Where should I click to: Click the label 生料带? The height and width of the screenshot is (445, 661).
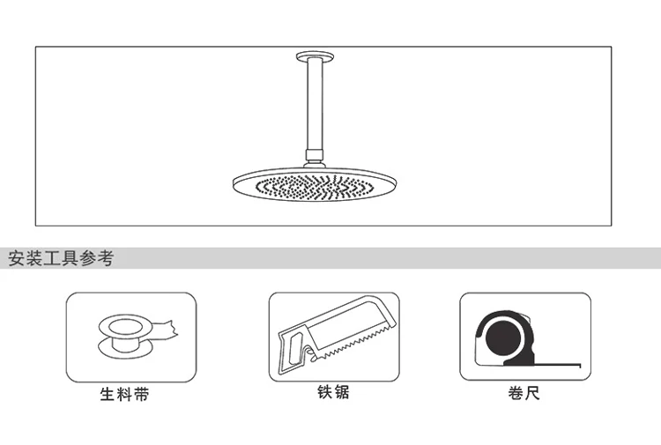pos(124,394)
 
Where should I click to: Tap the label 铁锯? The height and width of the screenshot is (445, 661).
pos(333,391)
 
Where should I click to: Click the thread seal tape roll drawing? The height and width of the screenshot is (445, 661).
pos(132,335)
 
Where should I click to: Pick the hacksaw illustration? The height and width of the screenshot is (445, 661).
pos(333,336)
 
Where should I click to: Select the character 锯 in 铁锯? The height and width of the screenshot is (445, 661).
pos(342,391)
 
